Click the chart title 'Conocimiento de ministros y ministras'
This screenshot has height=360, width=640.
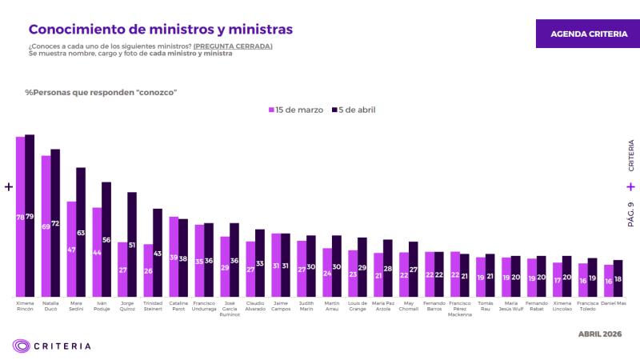[x=160, y=29]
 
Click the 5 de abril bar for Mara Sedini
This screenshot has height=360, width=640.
[x=81, y=232]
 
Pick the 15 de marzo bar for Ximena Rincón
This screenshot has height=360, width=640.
[x=20, y=217]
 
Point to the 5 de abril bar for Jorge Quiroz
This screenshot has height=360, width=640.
[x=132, y=245]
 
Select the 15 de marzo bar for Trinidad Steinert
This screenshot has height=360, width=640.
[x=148, y=270]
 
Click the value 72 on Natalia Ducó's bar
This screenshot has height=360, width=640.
[x=55, y=223]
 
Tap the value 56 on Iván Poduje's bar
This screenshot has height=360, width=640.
[x=106, y=240]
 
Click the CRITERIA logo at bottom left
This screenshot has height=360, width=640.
[x=51, y=346]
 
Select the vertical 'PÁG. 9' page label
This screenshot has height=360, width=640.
[x=630, y=214]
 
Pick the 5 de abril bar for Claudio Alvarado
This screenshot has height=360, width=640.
[x=260, y=263]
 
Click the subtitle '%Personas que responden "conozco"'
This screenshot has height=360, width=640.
[x=101, y=92]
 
